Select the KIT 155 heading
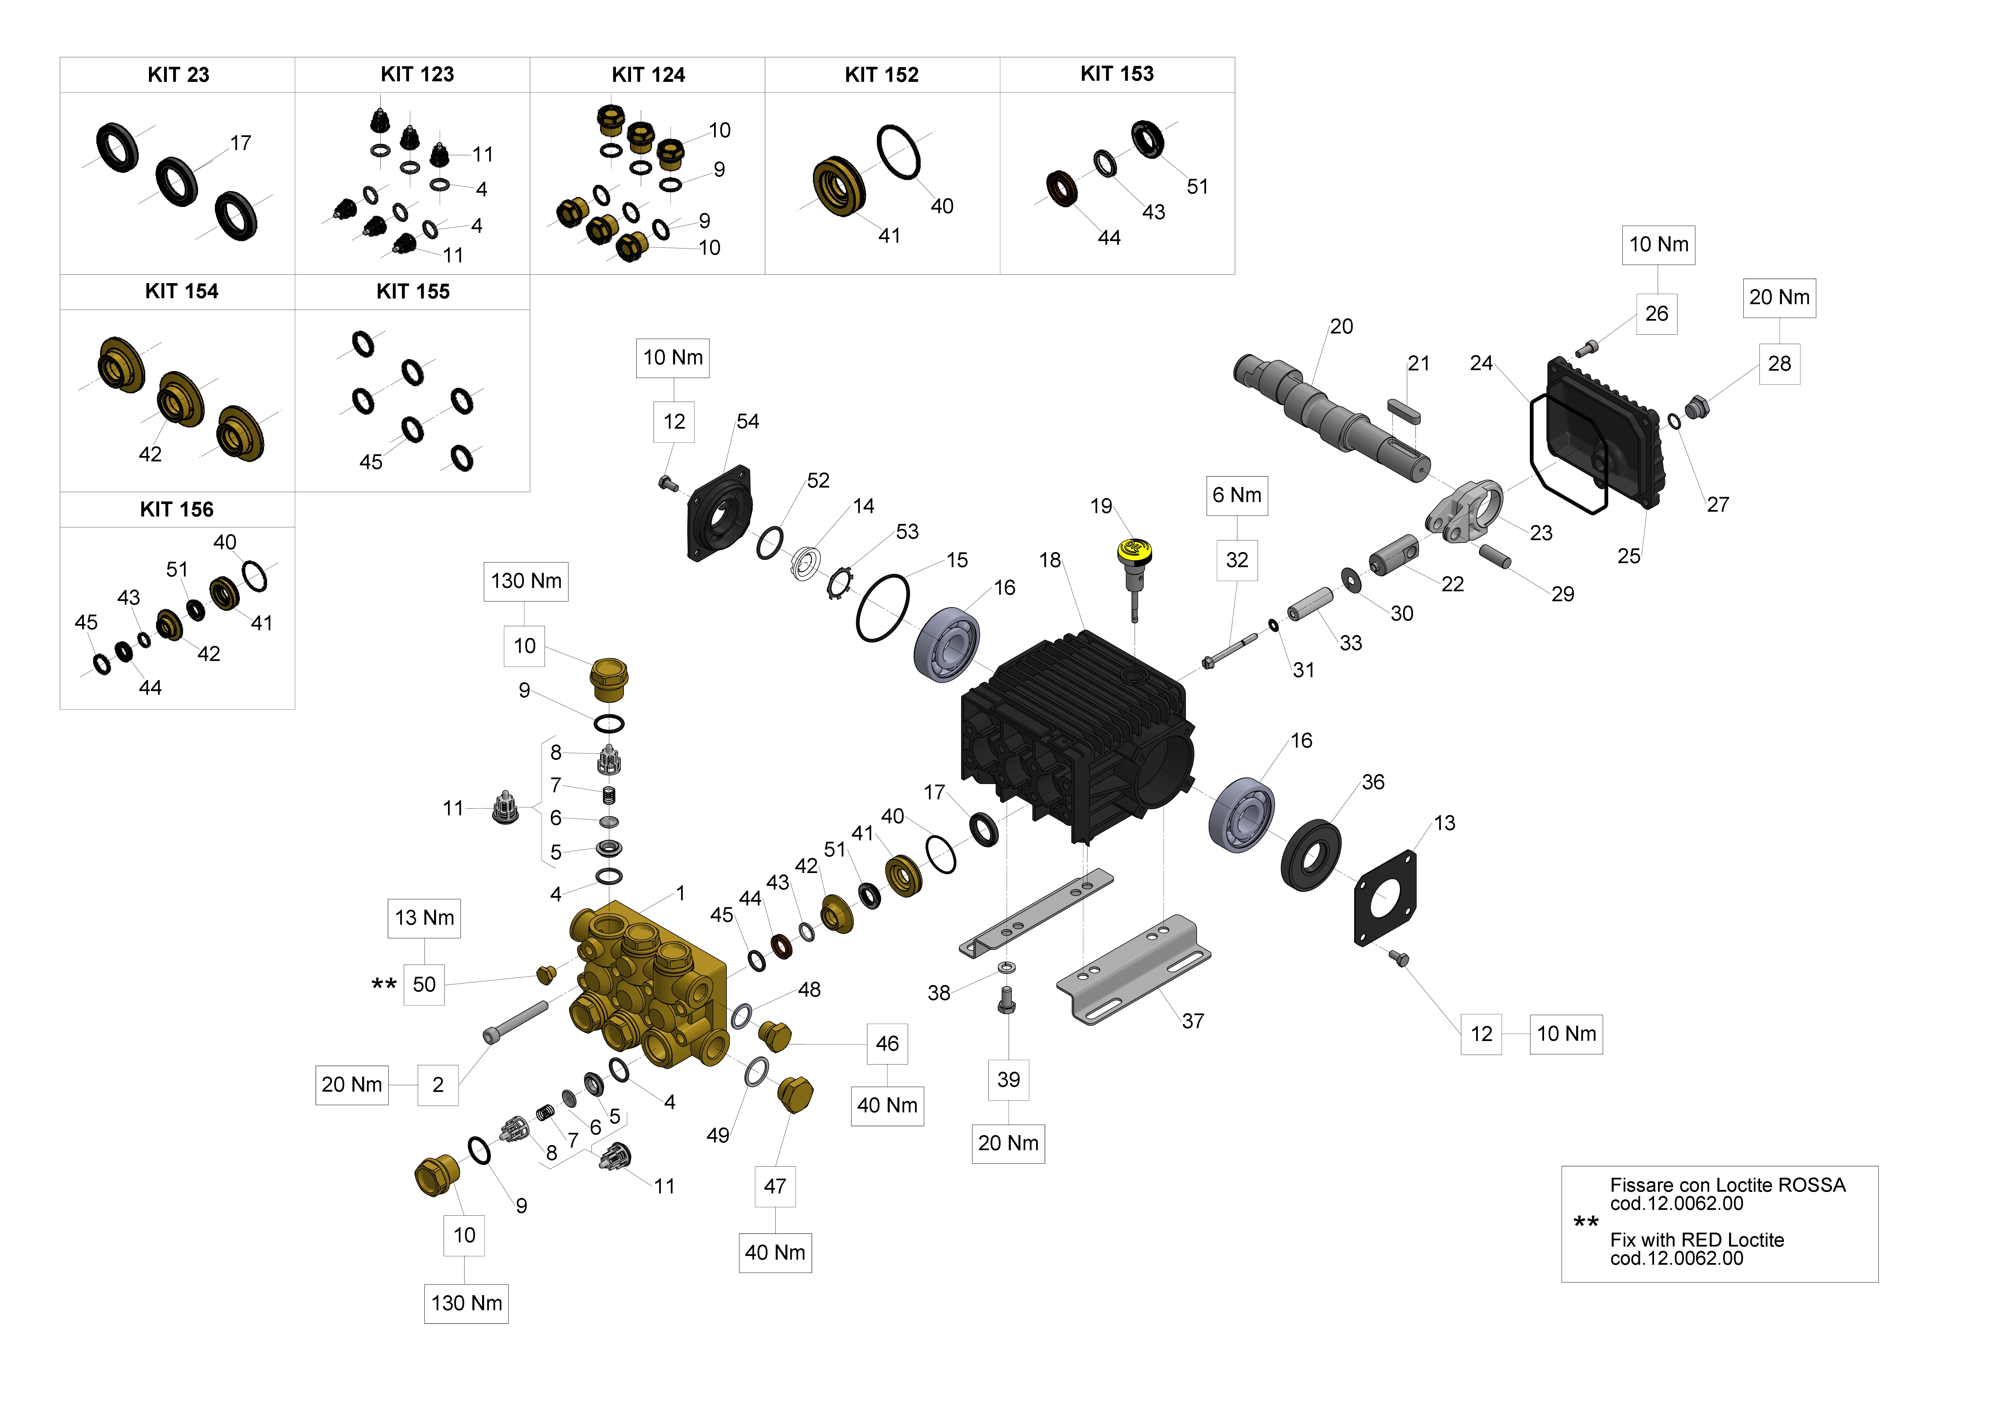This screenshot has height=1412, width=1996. point(413,291)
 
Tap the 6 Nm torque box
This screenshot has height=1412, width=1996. point(1236,495)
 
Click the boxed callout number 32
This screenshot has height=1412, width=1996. point(1236,560)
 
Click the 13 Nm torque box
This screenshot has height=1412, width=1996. point(424,918)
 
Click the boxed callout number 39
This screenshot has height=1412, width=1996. point(1009,1080)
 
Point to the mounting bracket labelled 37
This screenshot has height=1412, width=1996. point(1134,969)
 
